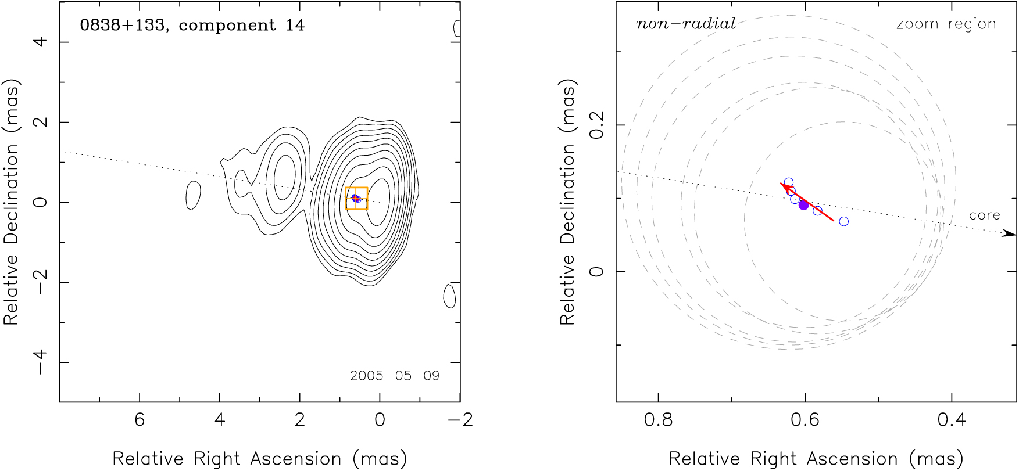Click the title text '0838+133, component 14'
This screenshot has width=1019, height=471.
click(x=192, y=25)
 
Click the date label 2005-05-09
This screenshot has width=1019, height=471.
click(x=394, y=376)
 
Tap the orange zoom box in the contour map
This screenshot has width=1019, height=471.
click(x=356, y=198)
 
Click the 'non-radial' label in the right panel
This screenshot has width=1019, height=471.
click(x=686, y=24)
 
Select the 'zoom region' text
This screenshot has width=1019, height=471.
click(x=946, y=24)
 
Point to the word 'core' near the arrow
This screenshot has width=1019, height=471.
click(x=984, y=215)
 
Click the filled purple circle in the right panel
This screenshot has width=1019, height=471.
click(x=803, y=205)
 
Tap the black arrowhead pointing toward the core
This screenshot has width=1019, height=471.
click(x=1010, y=233)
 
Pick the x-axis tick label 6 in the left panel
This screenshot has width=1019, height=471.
click(x=140, y=419)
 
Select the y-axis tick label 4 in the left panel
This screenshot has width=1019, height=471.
click(x=40, y=42)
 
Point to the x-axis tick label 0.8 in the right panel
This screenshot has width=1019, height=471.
click(x=659, y=419)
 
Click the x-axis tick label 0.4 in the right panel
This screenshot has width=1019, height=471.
click(x=952, y=419)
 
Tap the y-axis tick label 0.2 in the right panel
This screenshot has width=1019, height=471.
click(x=597, y=125)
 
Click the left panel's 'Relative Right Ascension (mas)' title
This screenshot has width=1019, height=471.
click(x=259, y=458)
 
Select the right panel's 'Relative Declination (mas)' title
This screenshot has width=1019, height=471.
click(x=567, y=202)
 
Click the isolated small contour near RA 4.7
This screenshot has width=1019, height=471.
click(x=193, y=195)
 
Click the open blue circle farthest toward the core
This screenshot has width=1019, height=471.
click(x=843, y=221)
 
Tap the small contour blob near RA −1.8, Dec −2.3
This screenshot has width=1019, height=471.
click(x=449, y=296)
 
